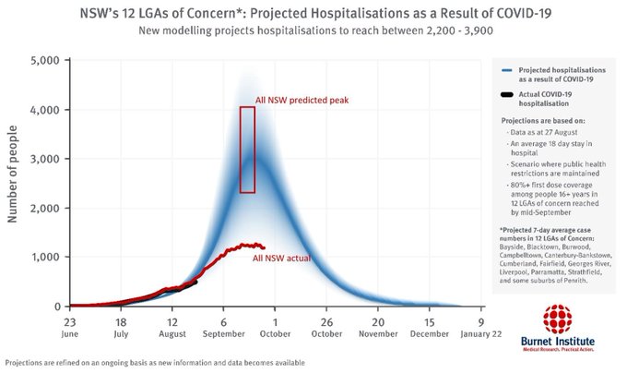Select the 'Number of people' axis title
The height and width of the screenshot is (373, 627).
[x=14, y=183]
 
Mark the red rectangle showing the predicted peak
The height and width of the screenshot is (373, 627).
[x=247, y=150]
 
